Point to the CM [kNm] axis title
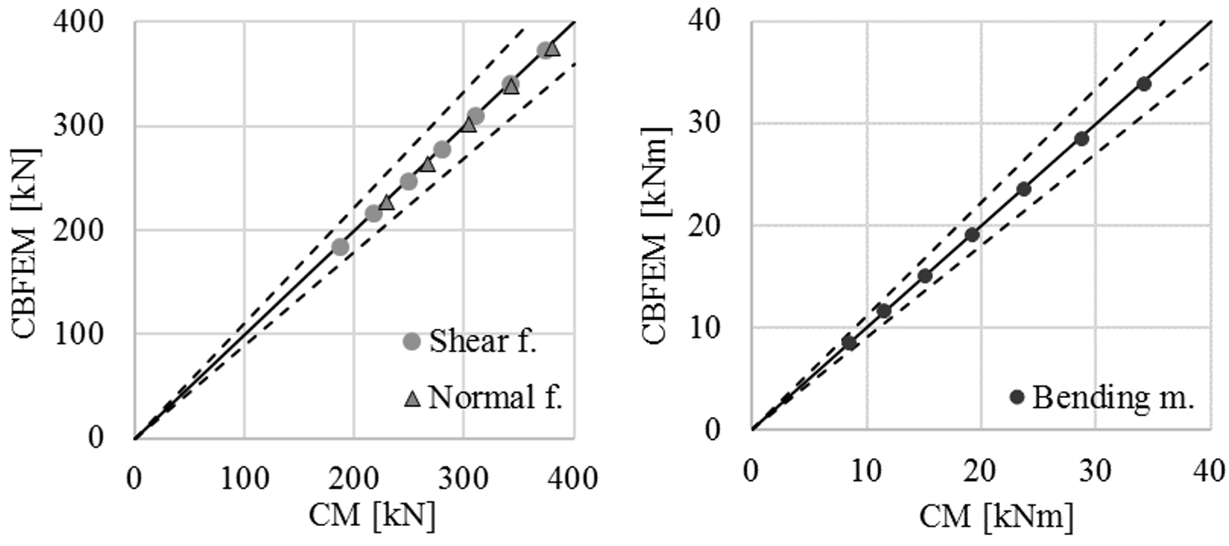pos(996,515)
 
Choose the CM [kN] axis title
pos(372,515)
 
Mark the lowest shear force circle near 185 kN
pos(340,247)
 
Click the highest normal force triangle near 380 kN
pos(552,49)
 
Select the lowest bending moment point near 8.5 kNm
pos(849,342)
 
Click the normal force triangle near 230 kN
pos(387,202)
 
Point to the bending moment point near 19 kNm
pos(972,235)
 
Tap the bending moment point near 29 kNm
pos(1082,138)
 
